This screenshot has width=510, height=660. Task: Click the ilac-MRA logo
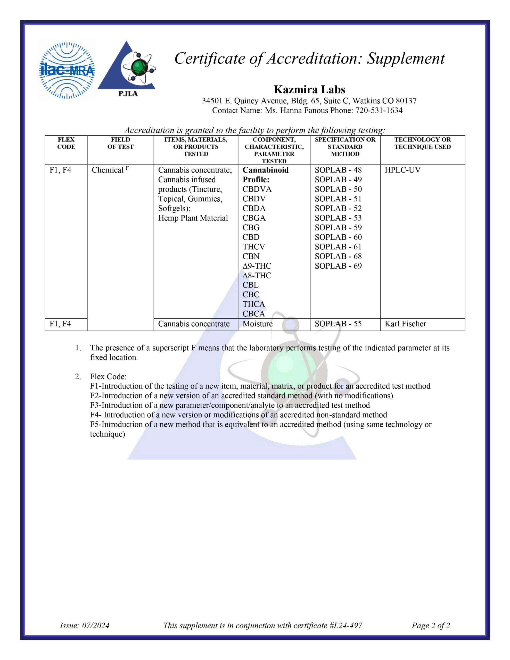67,70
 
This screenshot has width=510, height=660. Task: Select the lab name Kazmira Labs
309,90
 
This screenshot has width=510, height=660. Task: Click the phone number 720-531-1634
379,111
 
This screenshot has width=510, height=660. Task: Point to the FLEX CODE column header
66,143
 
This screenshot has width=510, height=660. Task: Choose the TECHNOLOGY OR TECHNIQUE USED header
422,143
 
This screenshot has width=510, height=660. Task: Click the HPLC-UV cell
402,170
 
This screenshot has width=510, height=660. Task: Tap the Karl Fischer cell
405,324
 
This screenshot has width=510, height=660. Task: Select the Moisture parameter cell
257,324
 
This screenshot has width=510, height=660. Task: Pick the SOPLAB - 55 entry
338,324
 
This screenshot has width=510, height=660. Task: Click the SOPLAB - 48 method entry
338,170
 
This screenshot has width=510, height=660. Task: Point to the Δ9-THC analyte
257,266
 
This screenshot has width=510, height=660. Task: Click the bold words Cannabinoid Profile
265,175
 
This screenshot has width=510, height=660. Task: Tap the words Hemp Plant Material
193,218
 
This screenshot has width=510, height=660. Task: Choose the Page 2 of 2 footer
431,625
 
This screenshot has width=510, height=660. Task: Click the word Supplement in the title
406,59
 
